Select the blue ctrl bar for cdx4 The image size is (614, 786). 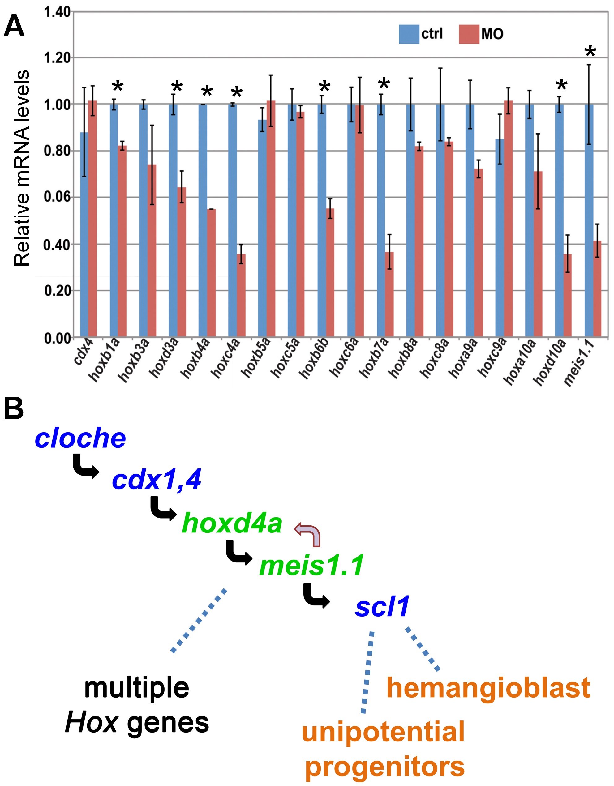tap(84, 234)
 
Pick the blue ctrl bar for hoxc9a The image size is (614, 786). tap(499, 237)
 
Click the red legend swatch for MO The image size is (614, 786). tap(469, 34)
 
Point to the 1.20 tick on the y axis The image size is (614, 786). tap(57, 58)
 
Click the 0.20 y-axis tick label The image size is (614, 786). tap(57, 290)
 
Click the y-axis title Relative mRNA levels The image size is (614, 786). tap(22, 168)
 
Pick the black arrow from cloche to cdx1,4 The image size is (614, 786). tap(85, 467)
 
